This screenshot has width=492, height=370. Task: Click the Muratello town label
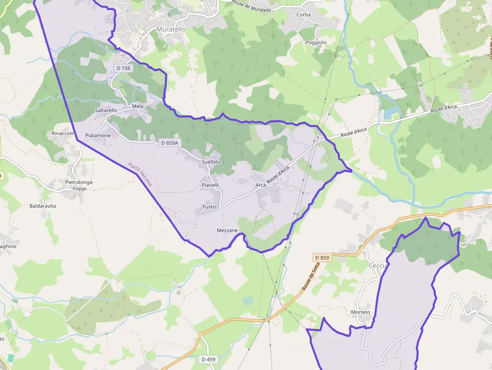tap(171, 30)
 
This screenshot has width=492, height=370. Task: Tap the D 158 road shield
tap(122, 68)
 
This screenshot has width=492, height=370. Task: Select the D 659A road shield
tap(169, 143)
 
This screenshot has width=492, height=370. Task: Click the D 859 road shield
tap(322, 258)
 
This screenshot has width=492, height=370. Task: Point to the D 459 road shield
tap(208, 359)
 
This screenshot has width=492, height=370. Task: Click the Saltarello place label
tap(106, 110)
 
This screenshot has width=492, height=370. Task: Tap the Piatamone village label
tap(98, 136)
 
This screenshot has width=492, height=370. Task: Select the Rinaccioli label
tap(63, 134)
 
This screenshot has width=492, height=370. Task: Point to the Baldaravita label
tap(43, 206)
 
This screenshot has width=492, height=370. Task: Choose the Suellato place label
tap(211, 162)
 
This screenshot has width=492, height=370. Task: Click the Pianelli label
tap(210, 185)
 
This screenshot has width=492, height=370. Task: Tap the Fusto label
tap(209, 207)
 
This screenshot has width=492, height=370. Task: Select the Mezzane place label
tap(227, 230)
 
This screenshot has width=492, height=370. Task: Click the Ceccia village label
tap(378, 266)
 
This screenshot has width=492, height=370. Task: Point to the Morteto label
tap(360, 312)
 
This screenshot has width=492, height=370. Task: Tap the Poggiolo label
tap(316, 43)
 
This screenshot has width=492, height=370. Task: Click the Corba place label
tap(303, 15)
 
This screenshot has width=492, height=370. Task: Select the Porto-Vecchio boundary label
tap(140, 175)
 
